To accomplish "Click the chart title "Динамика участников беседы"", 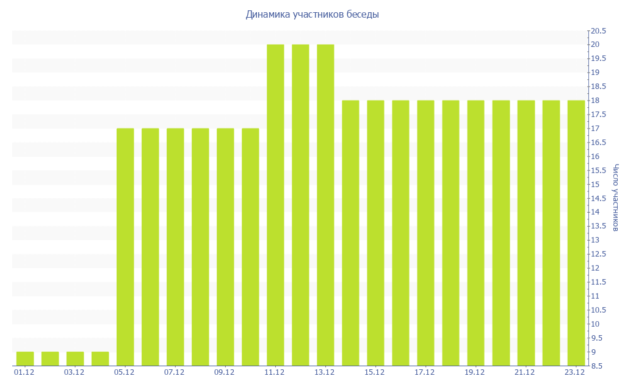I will (x=312, y=14).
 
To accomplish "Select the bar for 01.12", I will (x=25, y=359).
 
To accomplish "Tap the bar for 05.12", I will (x=125, y=247).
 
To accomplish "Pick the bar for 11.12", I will (x=275, y=205).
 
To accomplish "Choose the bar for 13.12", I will (x=325, y=205).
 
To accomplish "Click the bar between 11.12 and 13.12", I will (x=300, y=205).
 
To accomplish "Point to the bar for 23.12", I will (x=576, y=233).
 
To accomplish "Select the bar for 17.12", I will (x=425, y=233).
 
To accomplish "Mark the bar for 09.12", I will (x=225, y=247).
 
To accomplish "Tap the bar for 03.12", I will (x=75, y=359).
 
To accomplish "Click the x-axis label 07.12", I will (x=175, y=372).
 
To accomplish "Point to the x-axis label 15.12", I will (x=375, y=372).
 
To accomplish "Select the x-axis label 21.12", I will (x=526, y=372).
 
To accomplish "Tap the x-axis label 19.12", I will (x=475, y=372).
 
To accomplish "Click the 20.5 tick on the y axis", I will (x=598, y=30).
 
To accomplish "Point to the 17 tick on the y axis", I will (x=594, y=129).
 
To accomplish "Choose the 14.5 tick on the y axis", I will (x=598, y=198).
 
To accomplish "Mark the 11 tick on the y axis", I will (x=594, y=296).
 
